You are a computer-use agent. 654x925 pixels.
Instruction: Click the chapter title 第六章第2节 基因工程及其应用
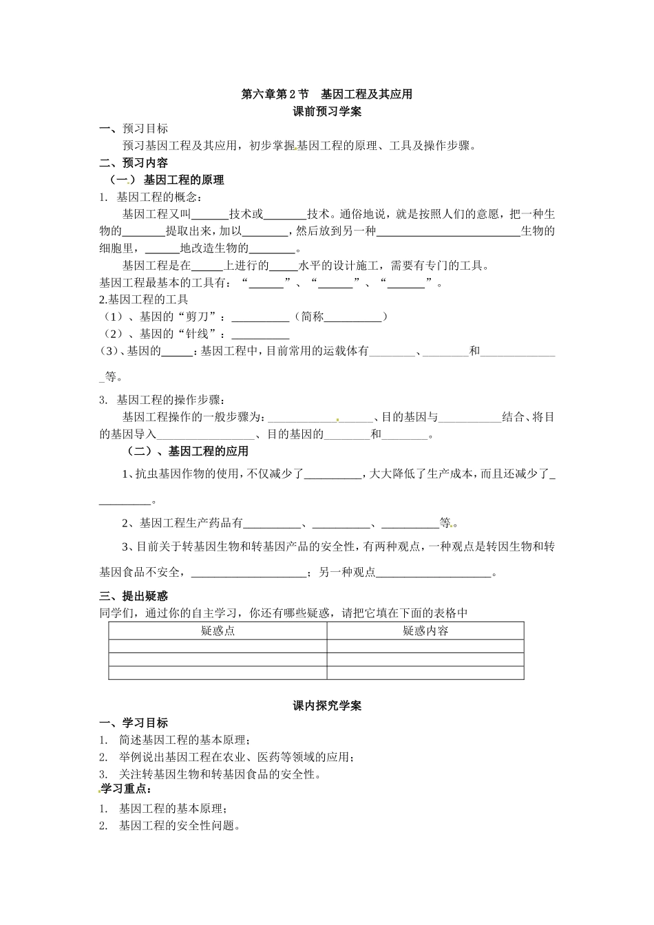(x=326, y=94)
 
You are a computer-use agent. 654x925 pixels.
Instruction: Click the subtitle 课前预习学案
(x=327, y=111)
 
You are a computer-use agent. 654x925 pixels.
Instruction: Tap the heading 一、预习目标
(x=134, y=129)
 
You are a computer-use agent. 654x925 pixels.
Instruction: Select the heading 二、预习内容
(x=134, y=163)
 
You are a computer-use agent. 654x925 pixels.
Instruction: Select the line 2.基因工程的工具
(x=144, y=299)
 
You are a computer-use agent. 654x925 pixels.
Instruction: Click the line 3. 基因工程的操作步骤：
(x=162, y=400)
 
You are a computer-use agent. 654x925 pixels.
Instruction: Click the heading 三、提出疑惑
(x=134, y=596)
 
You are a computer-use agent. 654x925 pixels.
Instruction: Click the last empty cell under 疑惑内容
(x=425, y=673)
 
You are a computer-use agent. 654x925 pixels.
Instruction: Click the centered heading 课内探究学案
(x=327, y=705)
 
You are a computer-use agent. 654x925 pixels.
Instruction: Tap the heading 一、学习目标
(x=134, y=723)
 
